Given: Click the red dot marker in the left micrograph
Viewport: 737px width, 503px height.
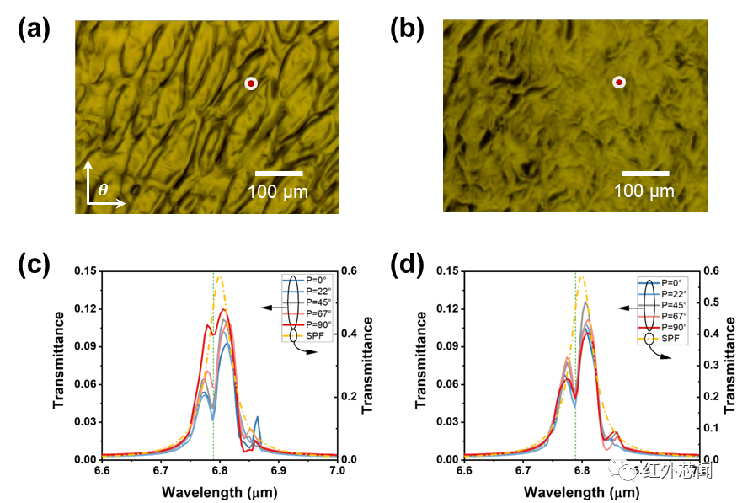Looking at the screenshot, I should (250, 83).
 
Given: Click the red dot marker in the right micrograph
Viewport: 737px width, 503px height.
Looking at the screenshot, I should (619, 82).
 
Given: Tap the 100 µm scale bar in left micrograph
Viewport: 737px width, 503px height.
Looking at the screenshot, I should (278, 174).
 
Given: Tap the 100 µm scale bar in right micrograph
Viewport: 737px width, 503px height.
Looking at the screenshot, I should (645, 174).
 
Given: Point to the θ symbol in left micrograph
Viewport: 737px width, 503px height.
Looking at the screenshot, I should (103, 190).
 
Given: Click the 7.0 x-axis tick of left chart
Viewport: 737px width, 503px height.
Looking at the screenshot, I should (337, 470).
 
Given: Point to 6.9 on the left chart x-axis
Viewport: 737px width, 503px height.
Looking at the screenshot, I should (278, 470).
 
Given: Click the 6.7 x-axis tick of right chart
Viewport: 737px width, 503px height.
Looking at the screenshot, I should (522, 470).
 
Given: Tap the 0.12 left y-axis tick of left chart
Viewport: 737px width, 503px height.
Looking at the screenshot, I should (88, 308).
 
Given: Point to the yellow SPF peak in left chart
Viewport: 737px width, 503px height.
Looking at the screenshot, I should (219, 277).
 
